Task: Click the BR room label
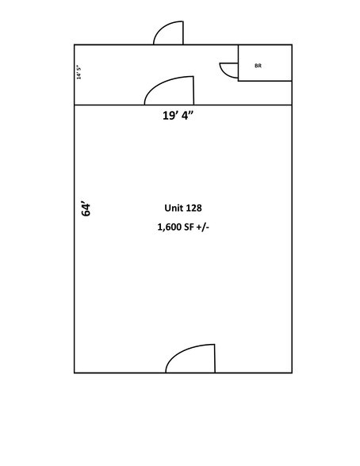click(x=258, y=66)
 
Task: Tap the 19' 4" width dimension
click(x=178, y=116)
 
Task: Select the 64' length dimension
click(x=86, y=209)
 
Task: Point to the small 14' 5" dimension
click(x=79, y=72)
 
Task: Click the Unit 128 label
click(x=183, y=208)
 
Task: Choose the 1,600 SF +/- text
click(x=183, y=227)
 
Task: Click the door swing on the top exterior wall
click(x=168, y=32)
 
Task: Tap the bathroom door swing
click(x=229, y=70)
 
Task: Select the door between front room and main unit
click(x=169, y=90)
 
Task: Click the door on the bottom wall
click(x=190, y=358)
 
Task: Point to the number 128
click(x=194, y=208)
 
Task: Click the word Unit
click(x=174, y=208)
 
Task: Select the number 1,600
click(x=170, y=227)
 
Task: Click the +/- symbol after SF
click(x=203, y=227)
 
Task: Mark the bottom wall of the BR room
click(x=265, y=81)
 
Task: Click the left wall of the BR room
click(x=238, y=63)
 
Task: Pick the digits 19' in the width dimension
click(x=170, y=116)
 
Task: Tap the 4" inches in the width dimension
click(x=188, y=116)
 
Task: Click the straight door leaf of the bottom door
click(x=215, y=358)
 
